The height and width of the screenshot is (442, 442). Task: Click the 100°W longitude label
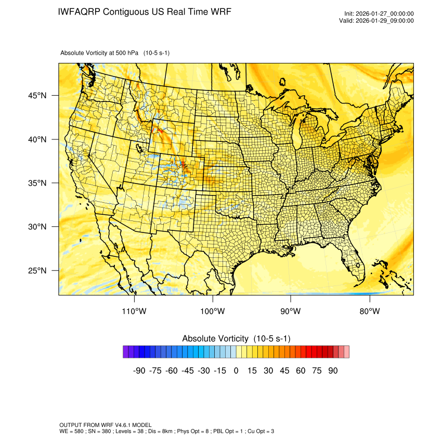click(x=213, y=311)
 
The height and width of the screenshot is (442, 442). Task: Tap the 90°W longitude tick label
click(x=291, y=311)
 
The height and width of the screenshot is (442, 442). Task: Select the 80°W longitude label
click(x=370, y=311)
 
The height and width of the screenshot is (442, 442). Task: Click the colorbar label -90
click(x=138, y=371)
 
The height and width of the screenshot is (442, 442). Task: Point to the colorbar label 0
click(x=236, y=371)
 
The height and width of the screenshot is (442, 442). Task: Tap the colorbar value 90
click(x=333, y=371)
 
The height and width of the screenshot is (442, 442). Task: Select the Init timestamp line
click(x=379, y=14)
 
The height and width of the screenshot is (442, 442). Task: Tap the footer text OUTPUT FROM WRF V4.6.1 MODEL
click(x=106, y=425)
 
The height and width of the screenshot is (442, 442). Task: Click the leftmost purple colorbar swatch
click(x=126, y=352)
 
